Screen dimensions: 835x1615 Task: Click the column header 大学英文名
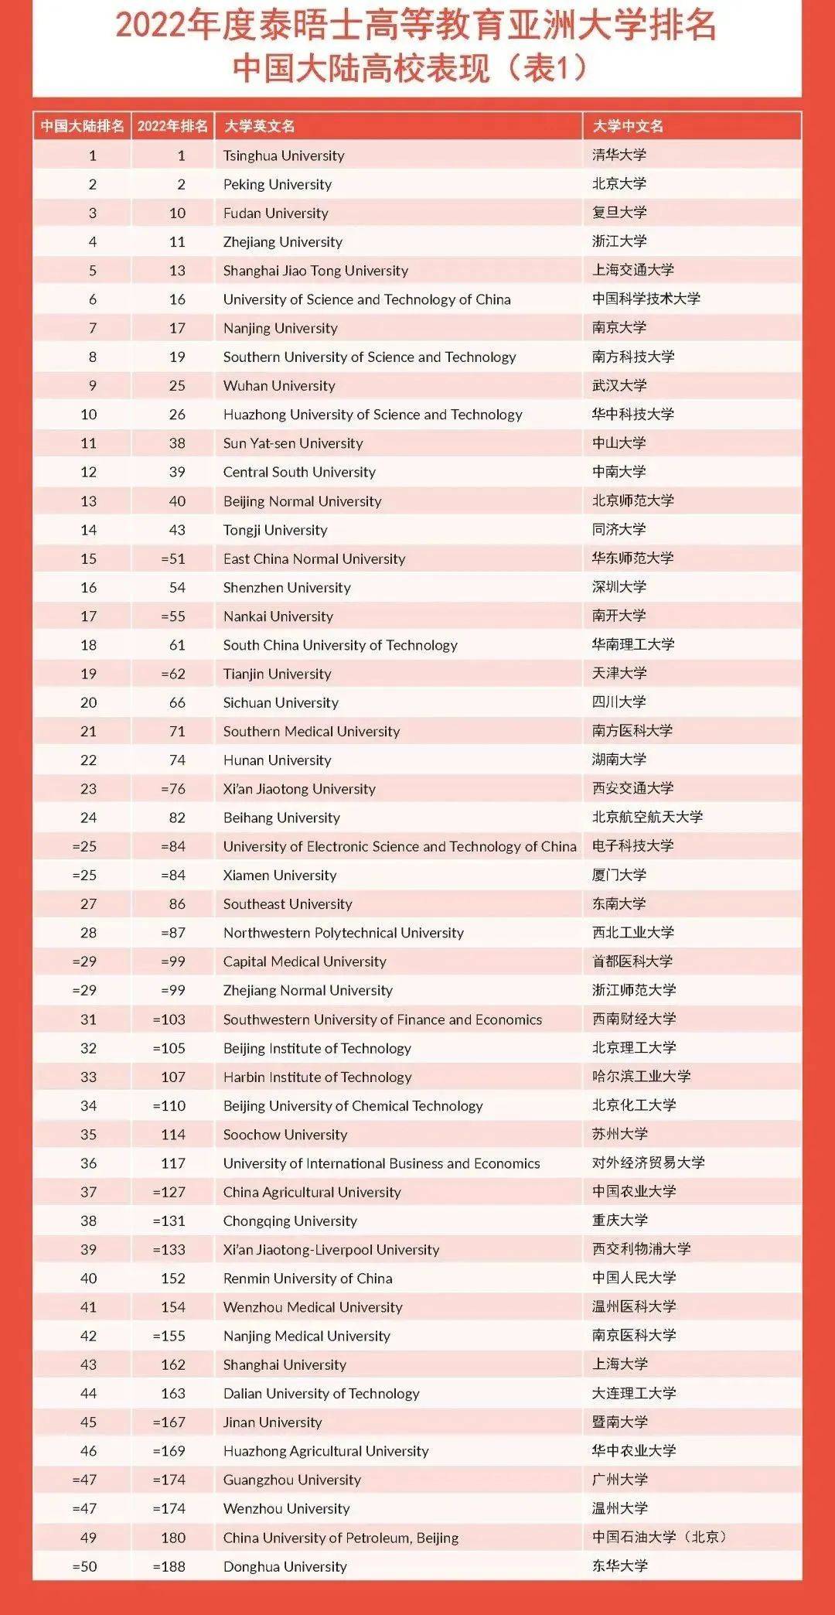(x=259, y=126)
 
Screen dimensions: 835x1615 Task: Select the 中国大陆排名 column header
(x=82, y=126)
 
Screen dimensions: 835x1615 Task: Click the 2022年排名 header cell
(x=172, y=126)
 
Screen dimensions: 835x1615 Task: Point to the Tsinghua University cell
(x=284, y=155)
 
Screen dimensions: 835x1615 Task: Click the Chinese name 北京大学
(x=619, y=184)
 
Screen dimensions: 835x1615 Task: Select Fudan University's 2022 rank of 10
(x=177, y=213)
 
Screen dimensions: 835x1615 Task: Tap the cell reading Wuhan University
(x=279, y=385)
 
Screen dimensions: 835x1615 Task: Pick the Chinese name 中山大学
(x=619, y=443)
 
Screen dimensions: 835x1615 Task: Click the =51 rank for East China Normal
(x=173, y=558)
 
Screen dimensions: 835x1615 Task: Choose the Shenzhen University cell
(x=287, y=587)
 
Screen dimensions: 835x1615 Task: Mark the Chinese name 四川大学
(x=619, y=702)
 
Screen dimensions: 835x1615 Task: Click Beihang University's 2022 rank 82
(x=177, y=818)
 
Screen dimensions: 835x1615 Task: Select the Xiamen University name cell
(x=280, y=875)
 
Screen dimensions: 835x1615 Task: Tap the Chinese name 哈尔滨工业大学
(x=641, y=1077)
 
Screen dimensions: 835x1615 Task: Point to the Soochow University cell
(x=285, y=1134)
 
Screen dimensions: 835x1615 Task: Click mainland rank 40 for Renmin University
(x=89, y=1278)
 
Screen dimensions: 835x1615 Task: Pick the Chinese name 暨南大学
(x=619, y=1422)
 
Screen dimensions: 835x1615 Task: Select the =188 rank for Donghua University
(x=169, y=1566)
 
